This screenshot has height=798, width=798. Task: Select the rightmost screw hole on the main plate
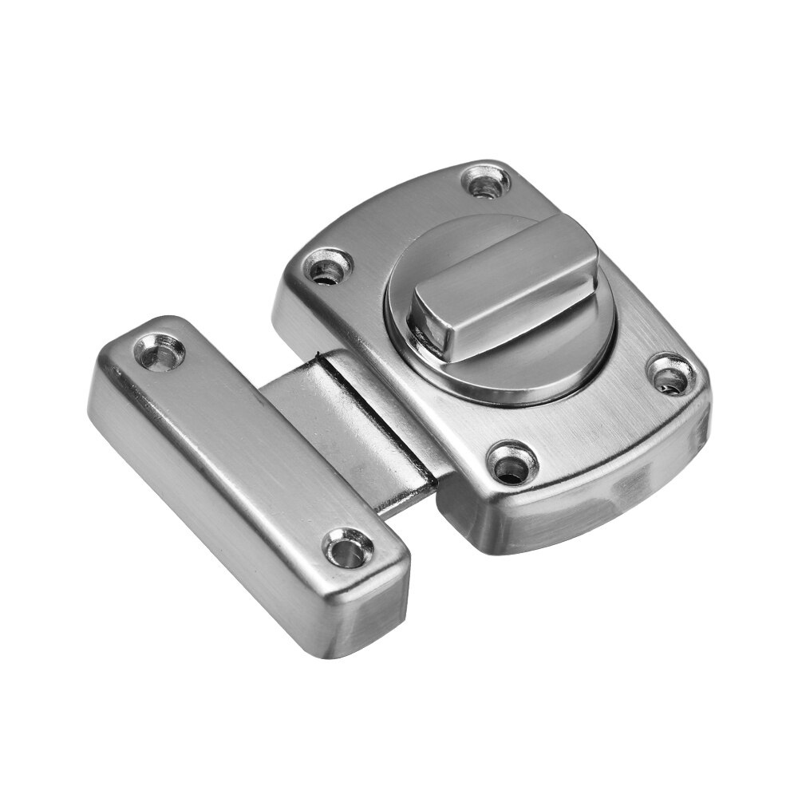pyautogui.click(x=669, y=372)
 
